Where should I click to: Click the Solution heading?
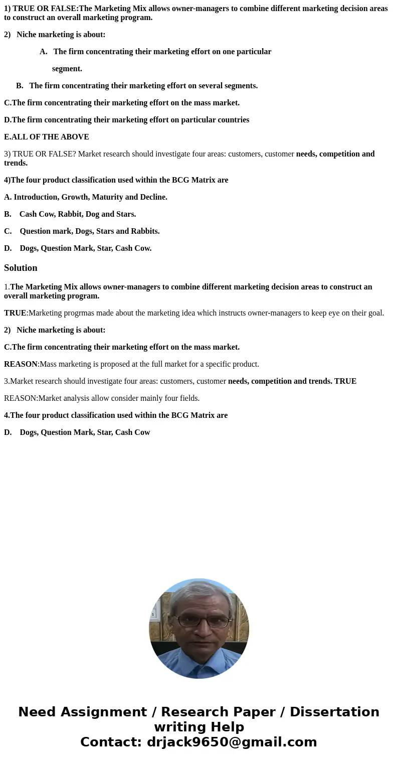pyautogui.click(x=21, y=268)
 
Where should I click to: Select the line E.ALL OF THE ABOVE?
pyautogui.click(x=47, y=137)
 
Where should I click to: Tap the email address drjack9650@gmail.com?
pyautogui.click(x=232, y=742)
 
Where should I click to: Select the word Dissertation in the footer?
pyautogui.click(x=334, y=712)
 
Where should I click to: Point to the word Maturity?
pyautogui.click(x=107, y=197)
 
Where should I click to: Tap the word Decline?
pyautogui.click(x=153, y=197)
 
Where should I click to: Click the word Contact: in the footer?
pyautogui.click(x=111, y=742)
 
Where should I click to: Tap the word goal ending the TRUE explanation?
pyautogui.click(x=374, y=313)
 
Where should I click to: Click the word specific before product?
pyautogui.click(x=207, y=364)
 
